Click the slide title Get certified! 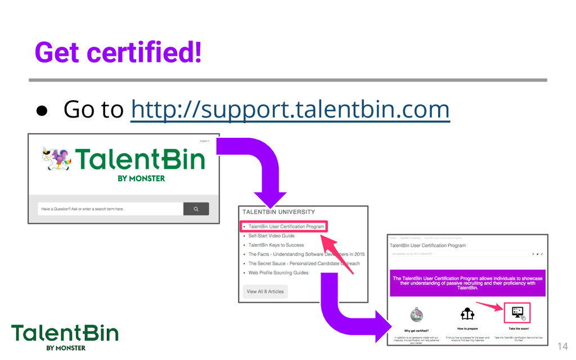[118, 53]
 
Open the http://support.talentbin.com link [290, 109]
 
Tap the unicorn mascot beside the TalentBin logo [57, 157]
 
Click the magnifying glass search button [196, 209]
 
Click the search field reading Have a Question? [110, 209]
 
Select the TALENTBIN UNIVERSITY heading [278, 212]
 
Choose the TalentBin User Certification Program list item [286, 226]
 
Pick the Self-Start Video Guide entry [271, 236]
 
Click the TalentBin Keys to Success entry [276, 245]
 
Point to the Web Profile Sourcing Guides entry [278, 273]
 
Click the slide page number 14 [562, 346]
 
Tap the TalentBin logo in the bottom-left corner [65, 336]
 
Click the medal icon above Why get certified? [416, 315]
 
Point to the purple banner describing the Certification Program [467, 282]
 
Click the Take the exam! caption [518, 328]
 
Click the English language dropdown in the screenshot [204, 141]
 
